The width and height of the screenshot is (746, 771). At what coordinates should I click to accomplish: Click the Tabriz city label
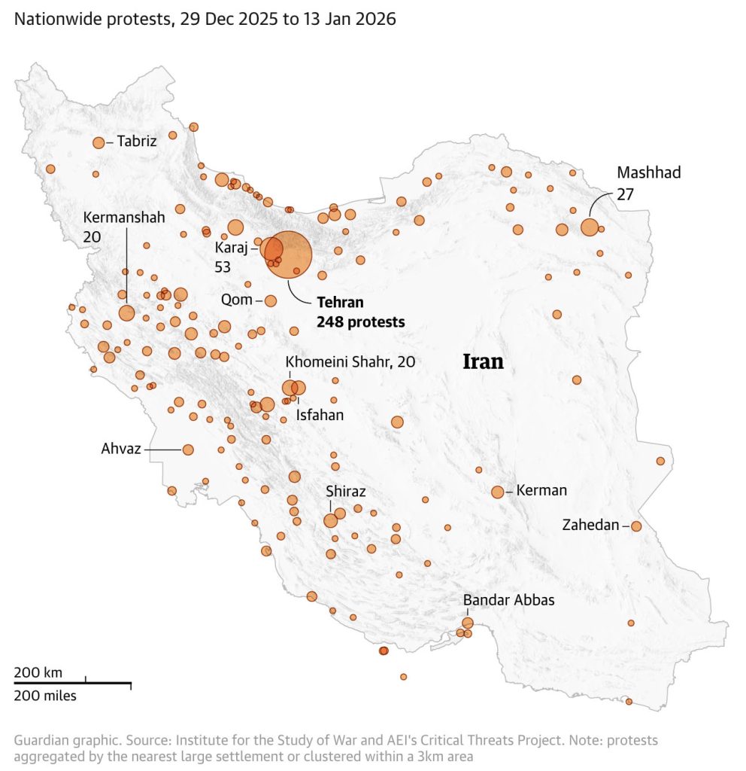pyautogui.click(x=137, y=141)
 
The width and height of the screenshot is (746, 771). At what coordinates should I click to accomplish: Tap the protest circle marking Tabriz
pyautogui.click(x=99, y=143)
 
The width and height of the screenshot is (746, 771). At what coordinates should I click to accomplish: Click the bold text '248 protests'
pyautogui.click(x=361, y=322)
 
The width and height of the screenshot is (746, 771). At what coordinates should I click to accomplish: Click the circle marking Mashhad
pyautogui.click(x=590, y=227)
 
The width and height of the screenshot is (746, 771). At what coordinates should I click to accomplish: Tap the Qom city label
pyautogui.click(x=237, y=300)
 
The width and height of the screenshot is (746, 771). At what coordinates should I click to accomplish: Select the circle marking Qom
pyautogui.click(x=271, y=301)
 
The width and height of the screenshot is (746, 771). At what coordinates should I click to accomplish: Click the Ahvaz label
pyautogui.click(x=122, y=449)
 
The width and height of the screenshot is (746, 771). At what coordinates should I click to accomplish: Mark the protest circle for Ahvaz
pyautogui.click(x=188, y=449)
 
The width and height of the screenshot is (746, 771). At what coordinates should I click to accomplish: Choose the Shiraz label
pyautogui.click(x=345, y=492)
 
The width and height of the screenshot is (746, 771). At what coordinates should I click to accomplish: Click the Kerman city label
pyautogui.click(x=541, y=491)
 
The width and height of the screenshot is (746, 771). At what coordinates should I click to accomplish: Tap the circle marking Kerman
pyautogui.click(x=497, y=492)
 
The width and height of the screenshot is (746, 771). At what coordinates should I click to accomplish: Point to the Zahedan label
pyautogui.click(x=590, y=526)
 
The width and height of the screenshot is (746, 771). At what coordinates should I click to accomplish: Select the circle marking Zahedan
pyautogui.click(x=636, y=526)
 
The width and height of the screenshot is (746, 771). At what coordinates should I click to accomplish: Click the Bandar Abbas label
pyautogui.click(x=508, y=600)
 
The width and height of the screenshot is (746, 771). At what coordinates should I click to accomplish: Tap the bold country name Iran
pyautogui.click(x=482, y=361)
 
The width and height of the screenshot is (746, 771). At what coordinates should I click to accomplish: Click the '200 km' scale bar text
pyautogui.click(x=38, y=672)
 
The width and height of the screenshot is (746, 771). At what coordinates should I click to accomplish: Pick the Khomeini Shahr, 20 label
pyautogui.click(x=350, y=362)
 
